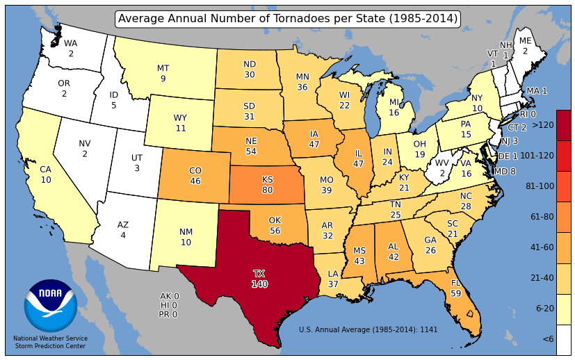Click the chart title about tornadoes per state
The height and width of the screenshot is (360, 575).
click(x=288, y=19)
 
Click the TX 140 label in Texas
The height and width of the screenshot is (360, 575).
click(x=260, y=279)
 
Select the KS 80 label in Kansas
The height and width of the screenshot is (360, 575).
click(x=267, y=184)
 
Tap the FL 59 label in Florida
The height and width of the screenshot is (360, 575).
click(x=456, y=288)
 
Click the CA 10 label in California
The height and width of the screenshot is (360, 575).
click(x=46, y=174)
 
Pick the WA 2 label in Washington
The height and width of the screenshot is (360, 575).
click(x=71, y=48)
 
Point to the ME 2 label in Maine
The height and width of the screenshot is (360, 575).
click(x=525, y=46)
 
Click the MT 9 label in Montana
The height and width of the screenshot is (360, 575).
click(x=163, y=74)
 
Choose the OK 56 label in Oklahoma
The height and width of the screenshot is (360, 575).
click(x=275, y=226)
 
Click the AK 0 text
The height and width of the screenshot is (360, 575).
click(x=170, y=296)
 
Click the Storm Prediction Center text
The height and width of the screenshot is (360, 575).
click(x=50, y=345)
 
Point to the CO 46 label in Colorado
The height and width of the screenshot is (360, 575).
click(x=195, y=176)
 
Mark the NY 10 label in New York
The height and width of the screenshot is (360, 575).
click(x=477, y=104)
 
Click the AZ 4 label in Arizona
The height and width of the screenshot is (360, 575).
click(x=123, y=230)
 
